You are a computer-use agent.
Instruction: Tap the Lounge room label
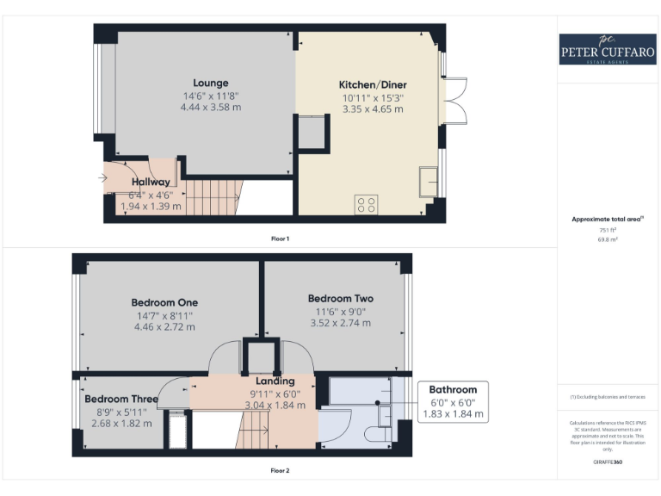coord(211,84)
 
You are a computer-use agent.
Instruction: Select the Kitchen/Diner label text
coord(373,85)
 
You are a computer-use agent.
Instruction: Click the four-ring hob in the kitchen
coord(366,204)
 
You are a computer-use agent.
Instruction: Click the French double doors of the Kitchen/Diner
coord(454,101)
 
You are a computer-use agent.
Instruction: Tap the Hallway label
coord(150,183)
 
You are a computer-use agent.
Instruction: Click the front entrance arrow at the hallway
coord(103,178)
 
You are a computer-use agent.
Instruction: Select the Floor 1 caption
coord(280,238)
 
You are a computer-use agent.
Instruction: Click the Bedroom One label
coord(164,302)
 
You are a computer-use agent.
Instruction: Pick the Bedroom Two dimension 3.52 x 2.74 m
coord(340,323)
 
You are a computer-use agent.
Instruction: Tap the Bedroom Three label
coord(120,400)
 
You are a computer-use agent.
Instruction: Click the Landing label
coord(275,381)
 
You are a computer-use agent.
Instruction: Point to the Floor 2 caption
coord(280,471)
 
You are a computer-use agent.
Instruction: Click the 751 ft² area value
coord(608,231)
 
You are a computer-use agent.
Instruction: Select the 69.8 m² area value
coord(608,240)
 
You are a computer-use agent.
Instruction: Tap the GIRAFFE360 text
coord(608,463)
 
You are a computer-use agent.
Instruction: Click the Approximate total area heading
coord(608,220)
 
